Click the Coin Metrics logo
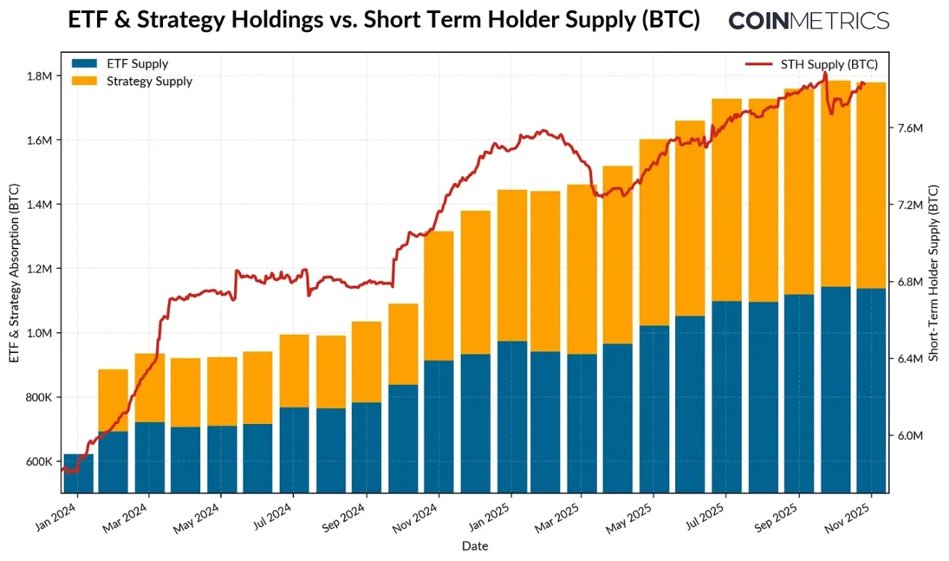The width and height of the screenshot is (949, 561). coord(808,20)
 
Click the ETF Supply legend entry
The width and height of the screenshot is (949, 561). coord(137,64)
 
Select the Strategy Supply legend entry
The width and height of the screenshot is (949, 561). coord(149,81)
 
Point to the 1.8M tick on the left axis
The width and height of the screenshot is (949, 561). coord(39,76)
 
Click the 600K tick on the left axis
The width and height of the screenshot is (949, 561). coord(39,462)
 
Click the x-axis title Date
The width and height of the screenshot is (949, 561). coord(475,546)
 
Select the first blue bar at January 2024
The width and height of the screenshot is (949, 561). coord(78,473)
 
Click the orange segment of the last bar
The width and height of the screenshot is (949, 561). coord(871,185)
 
